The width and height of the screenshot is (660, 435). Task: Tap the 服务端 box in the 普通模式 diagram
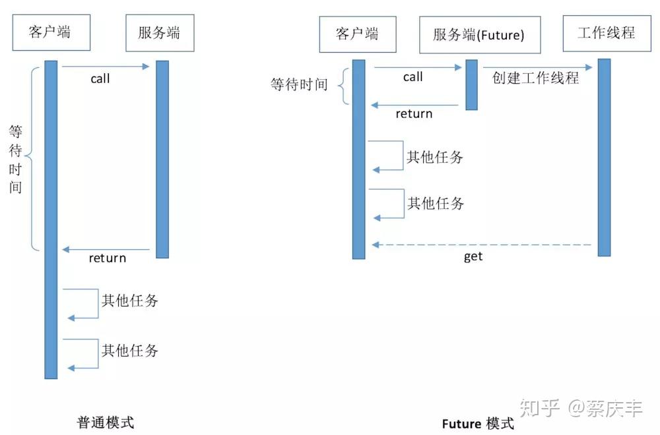pos(160,33)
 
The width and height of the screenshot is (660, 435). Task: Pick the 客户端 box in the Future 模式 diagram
pos(357,34)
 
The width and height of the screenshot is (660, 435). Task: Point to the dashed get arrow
pos(482,245)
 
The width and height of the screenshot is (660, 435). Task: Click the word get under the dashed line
pos(473,257)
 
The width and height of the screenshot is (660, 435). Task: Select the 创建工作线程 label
pos(535,78)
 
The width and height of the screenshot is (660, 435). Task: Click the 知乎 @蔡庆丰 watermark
pos(581,408)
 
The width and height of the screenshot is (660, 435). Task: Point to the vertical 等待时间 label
pos(16,159)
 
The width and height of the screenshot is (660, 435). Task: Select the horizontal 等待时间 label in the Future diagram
pos(299,85)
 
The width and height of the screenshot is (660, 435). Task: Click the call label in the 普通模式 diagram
pos(100,79)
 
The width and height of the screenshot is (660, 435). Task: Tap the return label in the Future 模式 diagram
pos(414,114)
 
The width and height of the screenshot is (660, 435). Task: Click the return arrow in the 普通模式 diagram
pos(109,249)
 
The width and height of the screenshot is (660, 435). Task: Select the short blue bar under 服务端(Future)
pos(471,84)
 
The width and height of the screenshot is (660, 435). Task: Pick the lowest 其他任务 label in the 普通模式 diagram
pos(129,350)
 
